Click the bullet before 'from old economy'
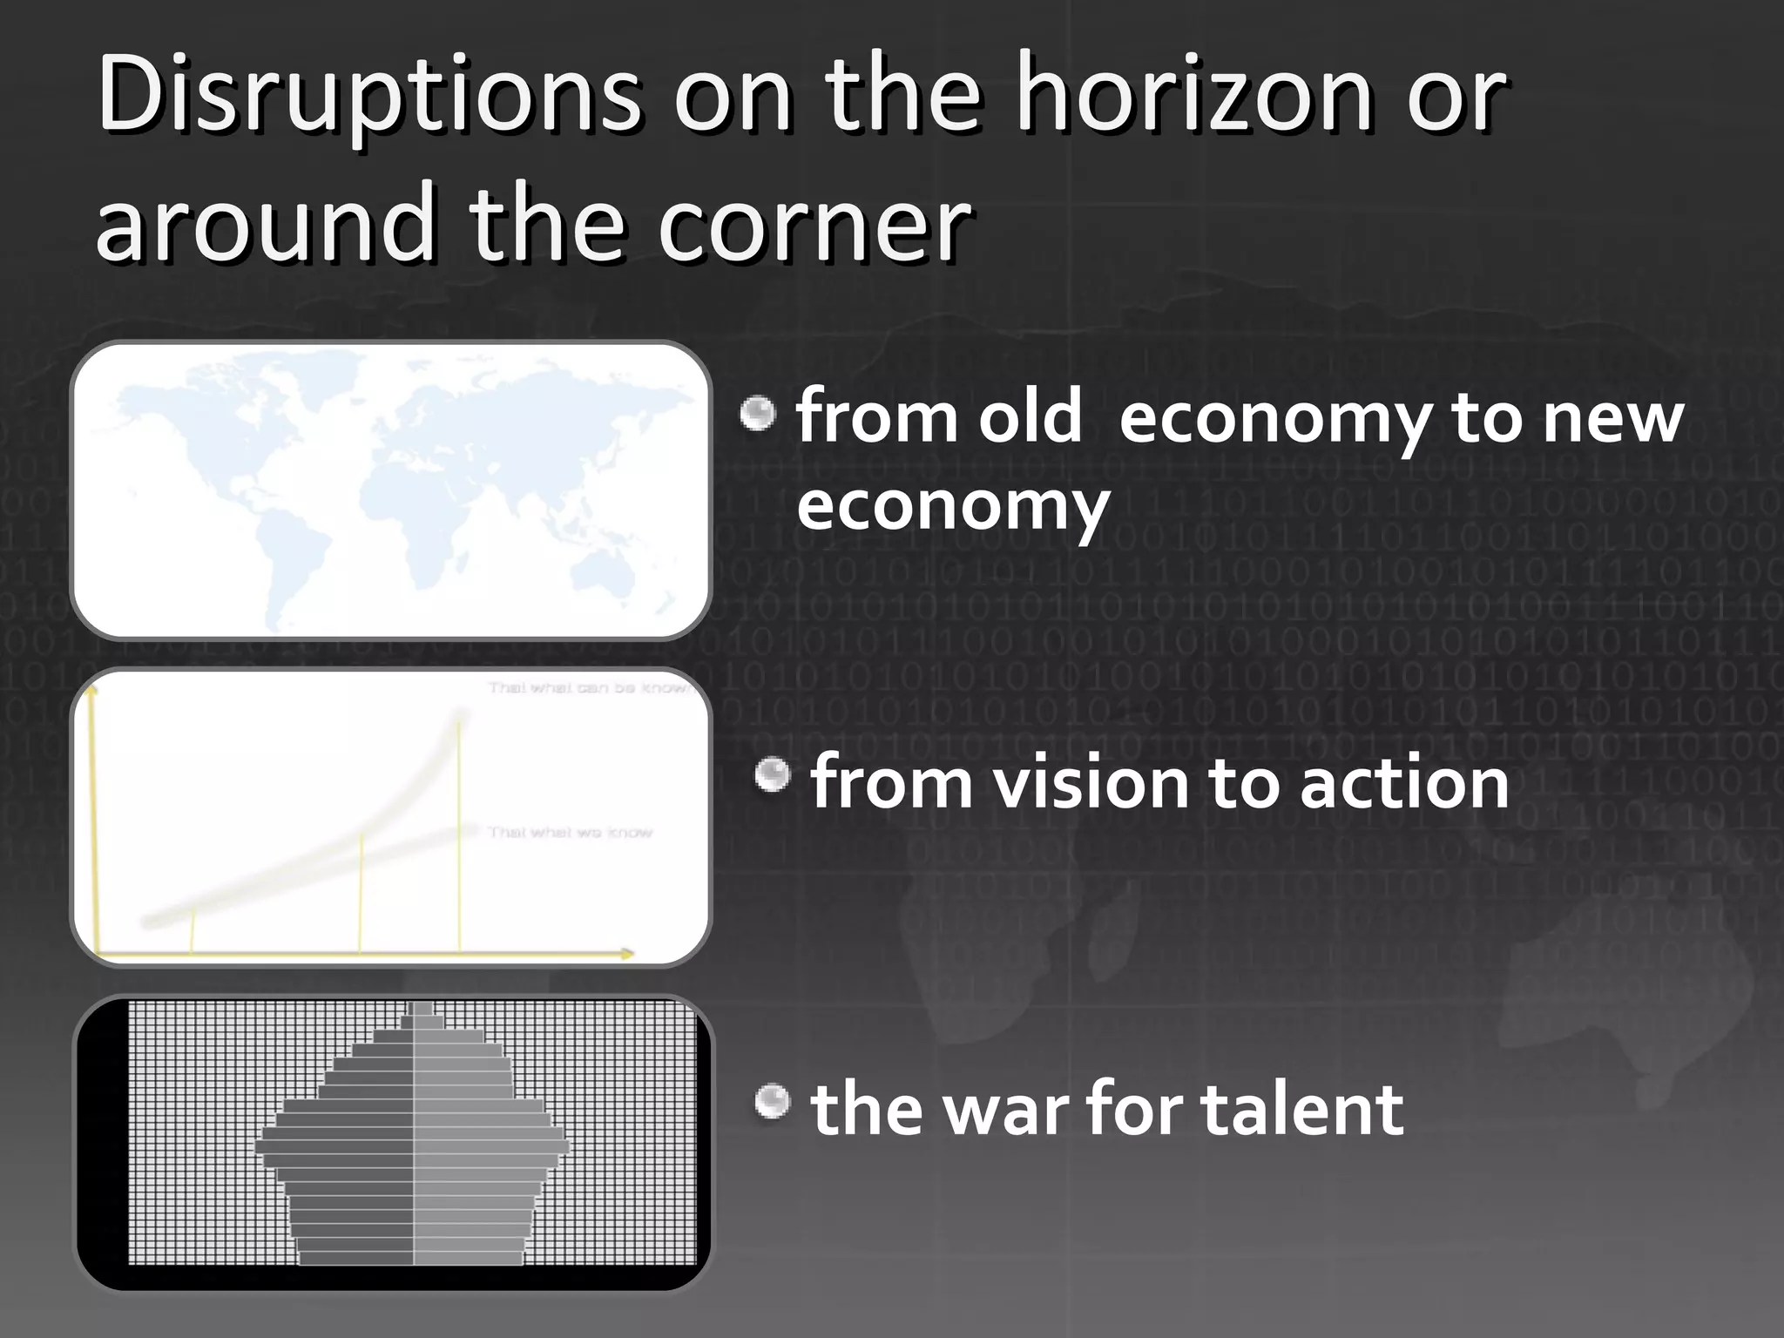coord(758,413)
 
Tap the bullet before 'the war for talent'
coord(772,1102)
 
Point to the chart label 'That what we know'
coord(570,833)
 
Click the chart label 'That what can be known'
coord(589,688)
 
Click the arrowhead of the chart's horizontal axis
coord(627,954)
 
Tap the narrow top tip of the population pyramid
coord(421,1009)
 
